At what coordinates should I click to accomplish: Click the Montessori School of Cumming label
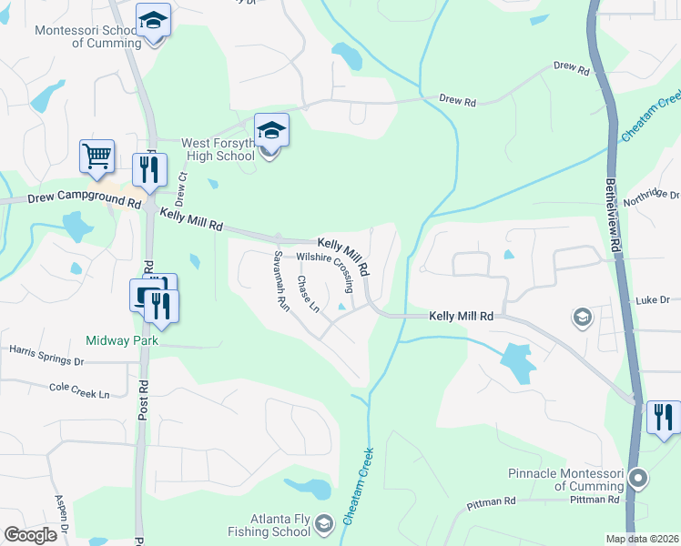(x=87, y=36)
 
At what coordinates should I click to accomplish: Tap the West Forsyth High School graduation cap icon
(x=271, y=131)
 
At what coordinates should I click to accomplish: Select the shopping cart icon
(x=97, y=156)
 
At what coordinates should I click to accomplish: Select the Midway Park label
(x=122, y=340)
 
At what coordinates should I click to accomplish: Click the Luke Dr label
(x=652, y=299)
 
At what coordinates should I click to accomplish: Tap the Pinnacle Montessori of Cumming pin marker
(x=638, y=478)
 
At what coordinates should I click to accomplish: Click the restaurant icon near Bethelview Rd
(x=662, y=417)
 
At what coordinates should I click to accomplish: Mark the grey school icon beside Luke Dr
(x=581, y=317)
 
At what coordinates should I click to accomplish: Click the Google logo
(x=30, y=535)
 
